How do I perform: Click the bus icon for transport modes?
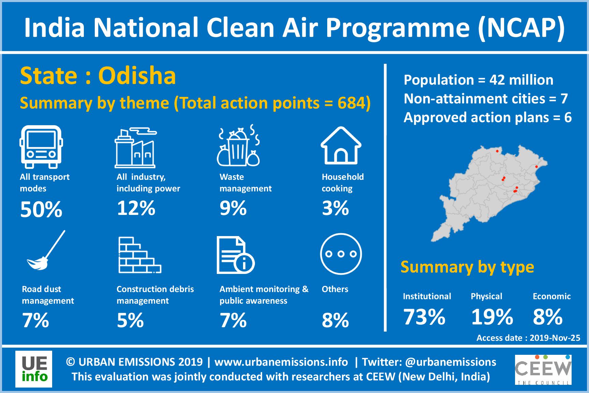point(41,147)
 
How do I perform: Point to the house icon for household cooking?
point(341,145)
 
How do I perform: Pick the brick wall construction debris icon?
point(140,255)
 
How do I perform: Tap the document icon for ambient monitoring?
point(236,256)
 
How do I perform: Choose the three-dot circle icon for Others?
point(341,254)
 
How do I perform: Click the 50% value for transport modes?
point(41,209)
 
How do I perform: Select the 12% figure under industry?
point(136,208)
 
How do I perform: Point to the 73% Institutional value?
point(424,317)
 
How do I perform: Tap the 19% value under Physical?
point(492,317)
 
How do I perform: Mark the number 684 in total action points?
point(351,103)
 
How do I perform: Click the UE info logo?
point(34,369)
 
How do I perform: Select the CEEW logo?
point(543,369)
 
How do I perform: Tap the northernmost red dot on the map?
point(497,151)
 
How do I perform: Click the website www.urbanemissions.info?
point(281,362)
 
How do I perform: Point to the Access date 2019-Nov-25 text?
point(528,338)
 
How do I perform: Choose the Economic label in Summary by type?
point(552,296)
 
